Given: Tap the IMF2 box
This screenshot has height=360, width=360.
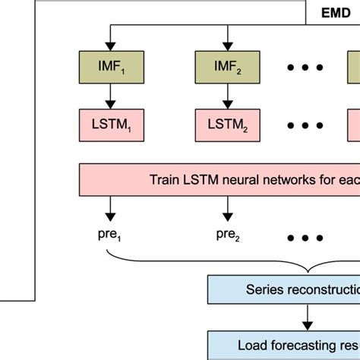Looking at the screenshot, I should pos(226,67).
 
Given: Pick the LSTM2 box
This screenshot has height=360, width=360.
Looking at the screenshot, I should pos(226,122).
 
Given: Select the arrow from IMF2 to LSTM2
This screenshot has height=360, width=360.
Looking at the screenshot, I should pos(226,94).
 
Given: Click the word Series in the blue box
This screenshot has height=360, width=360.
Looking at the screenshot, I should pos(262,289).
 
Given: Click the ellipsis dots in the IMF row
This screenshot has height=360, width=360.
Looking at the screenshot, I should pos(304,67).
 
